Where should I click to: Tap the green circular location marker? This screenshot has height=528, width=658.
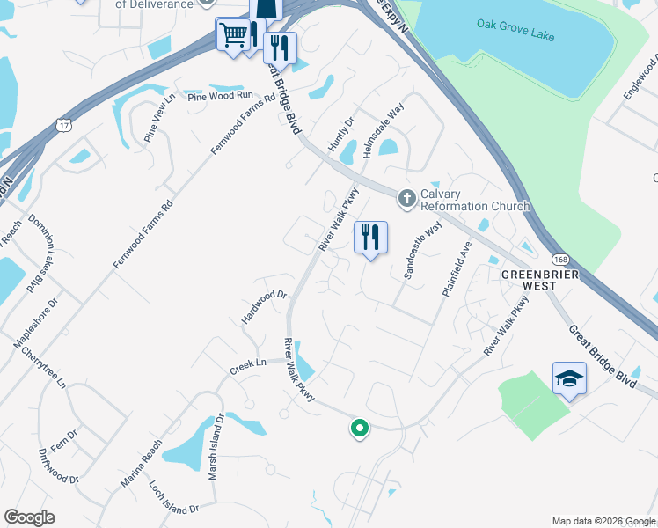359,429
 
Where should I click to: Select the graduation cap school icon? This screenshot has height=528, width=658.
569,378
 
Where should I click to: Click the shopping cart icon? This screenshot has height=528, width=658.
233,35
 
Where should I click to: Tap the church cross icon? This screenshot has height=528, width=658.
406,199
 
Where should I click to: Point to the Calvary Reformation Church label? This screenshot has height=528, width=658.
475,200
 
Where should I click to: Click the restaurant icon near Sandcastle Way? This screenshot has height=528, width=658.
370,237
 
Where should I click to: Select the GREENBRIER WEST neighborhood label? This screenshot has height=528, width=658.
540,281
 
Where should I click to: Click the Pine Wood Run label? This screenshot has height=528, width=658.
218,94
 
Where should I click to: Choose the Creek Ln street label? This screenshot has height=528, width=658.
248,363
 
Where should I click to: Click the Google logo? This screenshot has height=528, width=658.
29,517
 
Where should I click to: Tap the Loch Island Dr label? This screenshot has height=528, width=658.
176,501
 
